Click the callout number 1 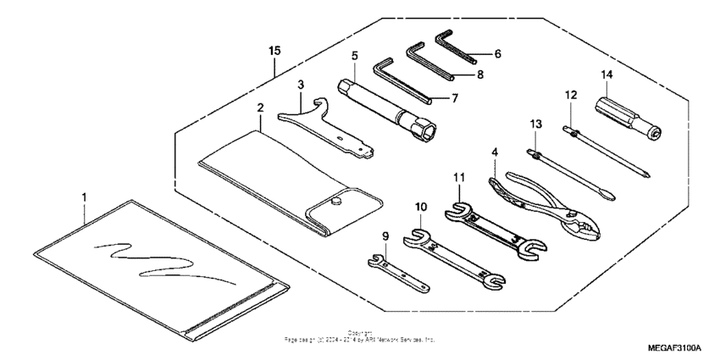click(x=84, y=197)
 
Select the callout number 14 click(x=606, y=75)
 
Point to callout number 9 click(x=385, y=235)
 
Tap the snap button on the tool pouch click(x=336, y=202)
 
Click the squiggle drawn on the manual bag click(x=161, y=258)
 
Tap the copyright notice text click(x=360, y=336)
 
